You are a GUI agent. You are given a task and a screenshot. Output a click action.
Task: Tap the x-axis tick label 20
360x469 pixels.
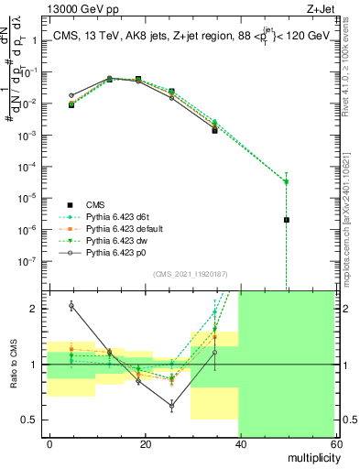[145, 443]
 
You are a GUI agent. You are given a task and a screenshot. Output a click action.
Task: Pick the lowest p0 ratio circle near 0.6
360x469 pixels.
[171, 404]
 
